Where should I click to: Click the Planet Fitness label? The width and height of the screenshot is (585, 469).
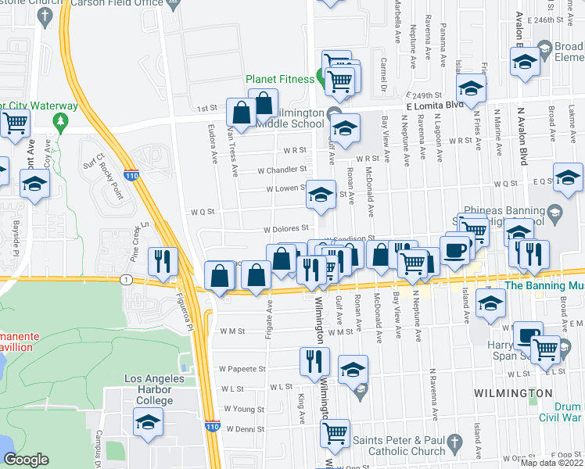point(278,78)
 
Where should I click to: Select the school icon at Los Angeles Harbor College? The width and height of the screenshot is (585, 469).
point(147,423)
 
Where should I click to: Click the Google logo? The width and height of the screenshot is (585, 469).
point(27,460)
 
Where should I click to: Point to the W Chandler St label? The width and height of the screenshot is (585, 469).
point(282,169)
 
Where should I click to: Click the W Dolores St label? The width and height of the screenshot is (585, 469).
point(288,230)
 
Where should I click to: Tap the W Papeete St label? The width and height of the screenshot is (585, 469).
point(242,368)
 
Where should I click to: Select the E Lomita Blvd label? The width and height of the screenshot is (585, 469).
point(434,105)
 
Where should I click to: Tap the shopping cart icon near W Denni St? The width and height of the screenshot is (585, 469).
point(336,431)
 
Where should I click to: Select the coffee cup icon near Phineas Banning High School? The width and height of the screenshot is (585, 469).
point(454,249)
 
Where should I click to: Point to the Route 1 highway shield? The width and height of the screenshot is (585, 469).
point(125,279)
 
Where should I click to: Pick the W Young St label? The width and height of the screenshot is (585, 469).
point(244,409)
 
